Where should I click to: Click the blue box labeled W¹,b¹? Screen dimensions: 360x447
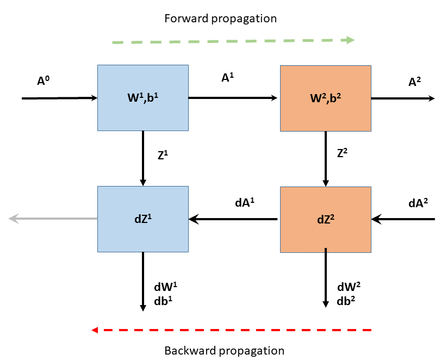click(x=143, y=98)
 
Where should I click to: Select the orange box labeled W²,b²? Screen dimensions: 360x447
click(x=325, y=98)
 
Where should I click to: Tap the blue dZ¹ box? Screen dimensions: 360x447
click(x=143, y=219)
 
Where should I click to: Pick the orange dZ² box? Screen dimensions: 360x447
click(x=325, y=219)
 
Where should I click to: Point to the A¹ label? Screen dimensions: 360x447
click(x=228, y=78)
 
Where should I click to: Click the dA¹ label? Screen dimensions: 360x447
click(x=245, y=202)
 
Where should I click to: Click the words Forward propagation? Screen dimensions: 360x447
click(x=220, y=18)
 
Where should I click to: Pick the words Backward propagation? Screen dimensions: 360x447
click(x=224, y=350)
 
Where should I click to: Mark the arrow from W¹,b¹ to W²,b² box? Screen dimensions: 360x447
click(x=234, y=98)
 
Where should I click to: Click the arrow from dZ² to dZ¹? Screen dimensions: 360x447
click(x=234, y=219)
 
